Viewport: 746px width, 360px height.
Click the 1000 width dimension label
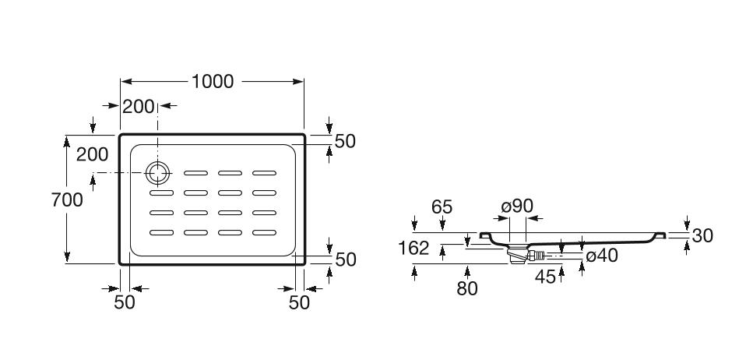(x=213, y=81)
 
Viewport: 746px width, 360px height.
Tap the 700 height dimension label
(x=67, y=199)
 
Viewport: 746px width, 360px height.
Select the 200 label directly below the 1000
(x=139, y=107)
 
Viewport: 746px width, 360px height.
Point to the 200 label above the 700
(x=92, y=154)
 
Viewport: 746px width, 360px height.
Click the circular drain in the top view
(x=158, y=172)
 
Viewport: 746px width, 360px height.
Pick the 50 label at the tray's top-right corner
(x=344, y=141)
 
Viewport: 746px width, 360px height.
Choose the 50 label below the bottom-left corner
(x=125, y=302)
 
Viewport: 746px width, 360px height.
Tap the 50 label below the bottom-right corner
(x=299, y=302)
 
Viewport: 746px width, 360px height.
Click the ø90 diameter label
(x=517, y=206)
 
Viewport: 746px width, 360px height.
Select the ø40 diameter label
(x=601, y=255)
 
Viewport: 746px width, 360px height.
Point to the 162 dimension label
(x=413, y=248)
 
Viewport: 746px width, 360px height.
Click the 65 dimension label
(x=442, y=207)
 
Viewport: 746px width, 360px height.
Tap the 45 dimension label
(x=545, y=276)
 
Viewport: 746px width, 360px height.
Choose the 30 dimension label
(x=702, y=235)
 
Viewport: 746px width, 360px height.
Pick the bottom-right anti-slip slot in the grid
(x=265, y=231)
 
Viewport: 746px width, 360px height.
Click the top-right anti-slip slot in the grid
(x=265, y=172)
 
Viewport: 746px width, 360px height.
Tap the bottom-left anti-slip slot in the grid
(x=161, y=231)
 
